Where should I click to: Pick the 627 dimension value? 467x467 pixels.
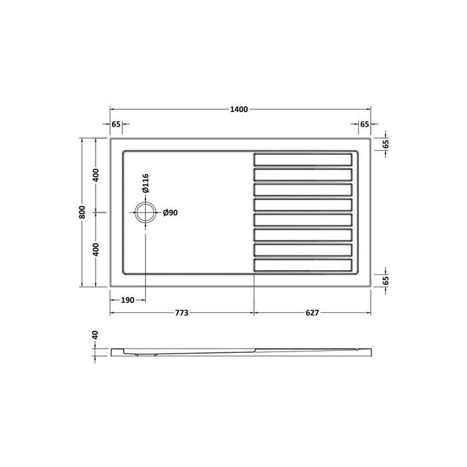point(313,312)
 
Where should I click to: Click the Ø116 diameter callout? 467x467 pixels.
point(145,183)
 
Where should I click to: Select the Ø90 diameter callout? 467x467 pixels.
point(169,213)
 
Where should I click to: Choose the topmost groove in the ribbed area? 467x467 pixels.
point(302,159)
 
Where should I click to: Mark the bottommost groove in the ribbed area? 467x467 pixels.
point(302,266)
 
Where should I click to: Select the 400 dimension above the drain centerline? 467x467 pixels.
point(96,176)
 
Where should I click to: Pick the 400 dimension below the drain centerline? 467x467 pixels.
point(96,250)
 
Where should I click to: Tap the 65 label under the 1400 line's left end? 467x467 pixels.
point(116,124)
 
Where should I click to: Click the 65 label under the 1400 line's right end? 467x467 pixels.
point(364,124)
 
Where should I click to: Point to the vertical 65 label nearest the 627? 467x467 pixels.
point(386,281)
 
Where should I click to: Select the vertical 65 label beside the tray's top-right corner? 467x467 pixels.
point(386,145)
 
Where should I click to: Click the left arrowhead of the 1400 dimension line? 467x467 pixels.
point(111,109)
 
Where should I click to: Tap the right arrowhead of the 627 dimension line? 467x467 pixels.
point(370,312)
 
